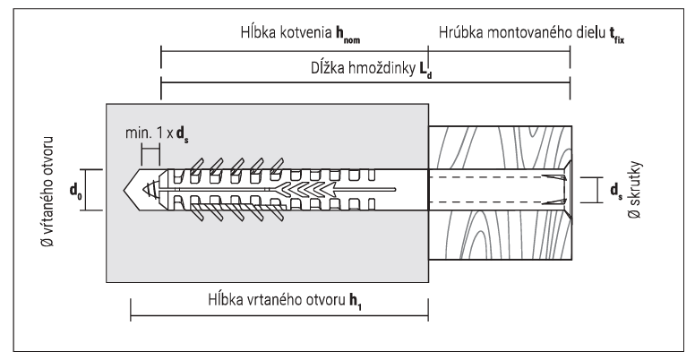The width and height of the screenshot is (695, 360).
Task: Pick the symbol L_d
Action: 423,70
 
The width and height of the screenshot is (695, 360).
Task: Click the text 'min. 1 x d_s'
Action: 158,135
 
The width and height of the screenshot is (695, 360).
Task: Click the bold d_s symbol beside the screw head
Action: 613,190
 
